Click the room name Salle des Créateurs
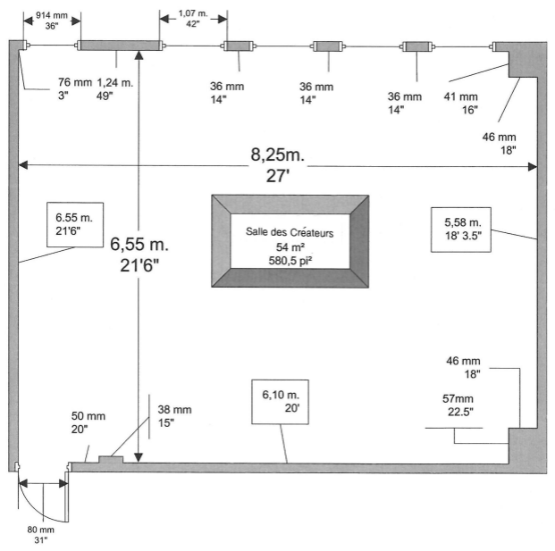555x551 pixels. [290, 232]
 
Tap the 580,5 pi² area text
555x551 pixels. [290, 261]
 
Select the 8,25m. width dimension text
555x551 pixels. [277, 154]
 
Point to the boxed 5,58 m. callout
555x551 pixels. [461, 230]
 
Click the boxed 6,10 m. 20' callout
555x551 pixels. [280, 402]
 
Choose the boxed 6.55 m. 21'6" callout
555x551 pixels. [75, 224]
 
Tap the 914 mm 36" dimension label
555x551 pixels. [52, 21]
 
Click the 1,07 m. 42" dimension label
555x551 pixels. [193, 19]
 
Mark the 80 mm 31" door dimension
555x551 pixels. [41, 535]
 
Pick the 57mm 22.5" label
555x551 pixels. [458, 405]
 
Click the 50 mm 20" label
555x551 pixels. [88, 422]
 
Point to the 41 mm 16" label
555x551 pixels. [461, 104]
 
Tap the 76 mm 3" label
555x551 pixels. [75, 88]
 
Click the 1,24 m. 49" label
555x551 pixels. [114, 88]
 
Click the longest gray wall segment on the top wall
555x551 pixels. [120, 46]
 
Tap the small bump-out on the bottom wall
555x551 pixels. [111, 459]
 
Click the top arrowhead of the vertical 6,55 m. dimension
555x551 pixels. [139, 54]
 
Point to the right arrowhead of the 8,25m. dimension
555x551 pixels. [533, 167]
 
